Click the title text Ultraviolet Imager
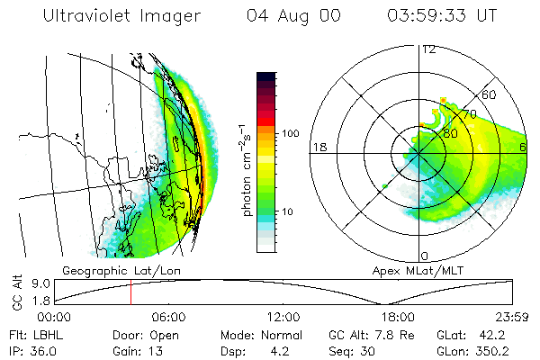(120, 16)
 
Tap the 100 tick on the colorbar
(292, 133)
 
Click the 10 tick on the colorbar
(289, 211)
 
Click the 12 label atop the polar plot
(428, 49)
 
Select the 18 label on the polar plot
(319, 147)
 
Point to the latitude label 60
(490, 94)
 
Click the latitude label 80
(449, 133)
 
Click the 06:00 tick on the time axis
(168, 317)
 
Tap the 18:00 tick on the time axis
(397, 317)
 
